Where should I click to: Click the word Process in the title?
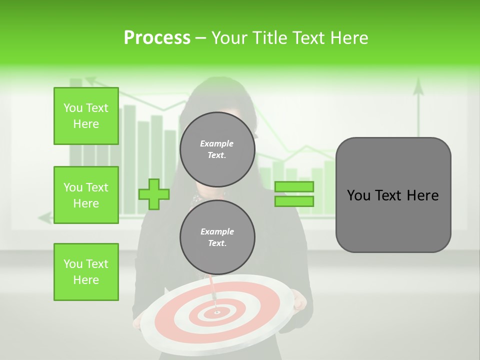pos(157,38)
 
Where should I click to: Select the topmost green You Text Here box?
pos(86,116)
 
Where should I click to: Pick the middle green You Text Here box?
pos(86,195)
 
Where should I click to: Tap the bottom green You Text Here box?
pos(86,272)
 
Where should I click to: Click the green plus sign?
pos(154,194)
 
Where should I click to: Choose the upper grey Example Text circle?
pos(217,149)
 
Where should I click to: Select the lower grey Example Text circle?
pos(217,237)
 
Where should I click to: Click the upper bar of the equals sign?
pos(294,187)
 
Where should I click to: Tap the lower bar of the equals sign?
pos(294,201)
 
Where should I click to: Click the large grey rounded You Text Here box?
pos(393,195)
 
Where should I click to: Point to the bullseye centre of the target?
pos(217,312)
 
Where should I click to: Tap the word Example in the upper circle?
pos(217,143)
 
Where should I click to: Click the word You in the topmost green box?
pos(72,108)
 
